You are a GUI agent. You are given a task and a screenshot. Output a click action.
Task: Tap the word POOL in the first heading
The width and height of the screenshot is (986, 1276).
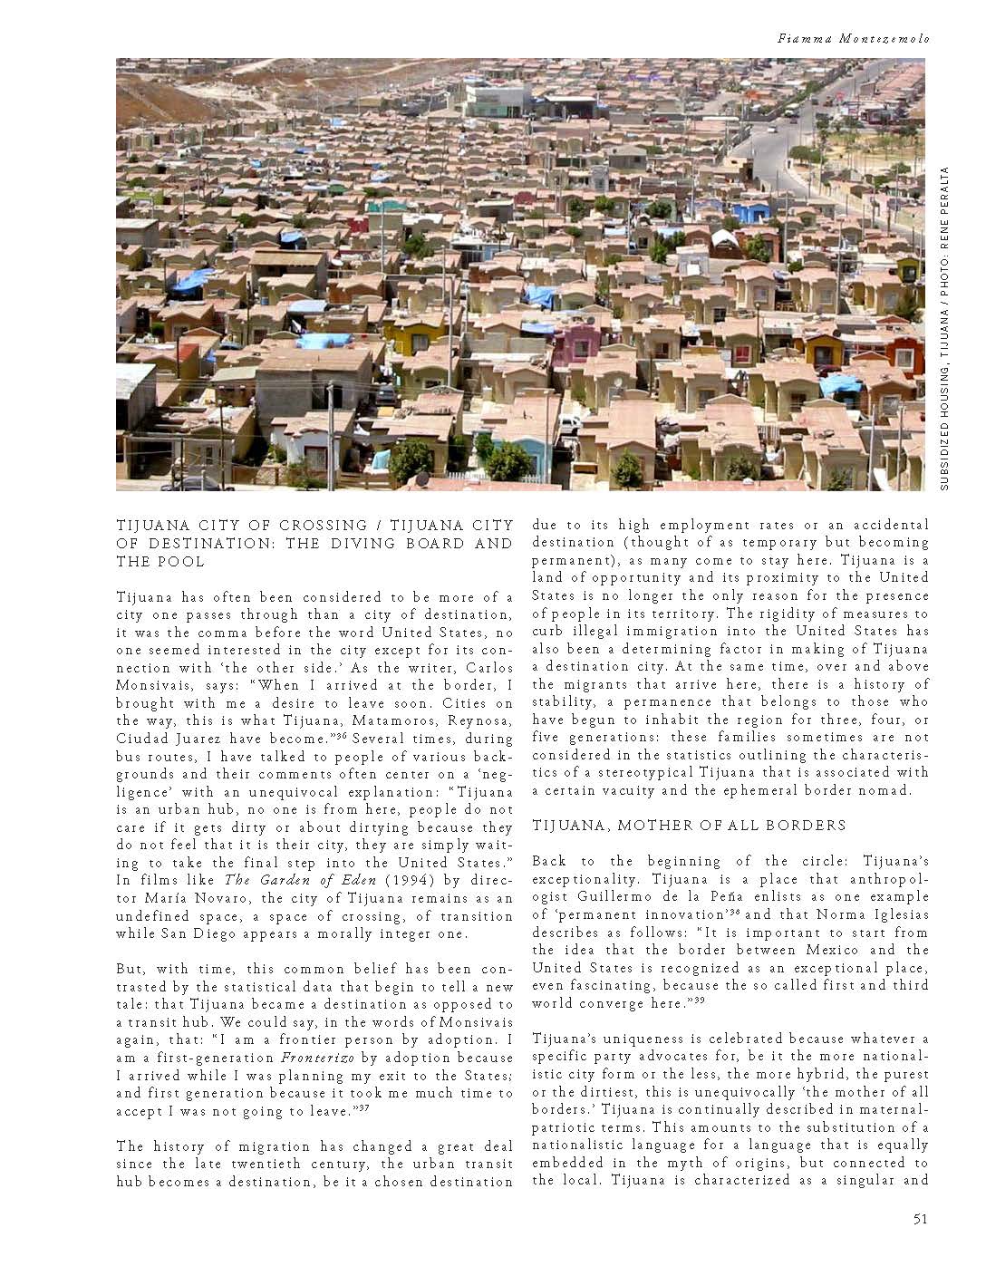186,561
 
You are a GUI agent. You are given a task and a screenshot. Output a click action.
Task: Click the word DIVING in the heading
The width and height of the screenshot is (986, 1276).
370,543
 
